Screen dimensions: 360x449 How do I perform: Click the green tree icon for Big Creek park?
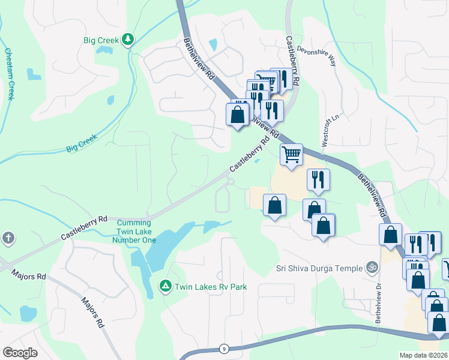(x=127, y=40)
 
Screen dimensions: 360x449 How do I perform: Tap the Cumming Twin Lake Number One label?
(x=134, y=231)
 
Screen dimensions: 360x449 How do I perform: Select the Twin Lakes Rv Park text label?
(x=210, y=287)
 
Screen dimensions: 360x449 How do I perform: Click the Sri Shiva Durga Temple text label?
(x=319, y=268)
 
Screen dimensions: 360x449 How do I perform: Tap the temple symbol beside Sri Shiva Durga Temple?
(x=372, y=268)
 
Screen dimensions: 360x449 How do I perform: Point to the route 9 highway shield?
(x=223, y=349)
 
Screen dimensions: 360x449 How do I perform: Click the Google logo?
(x=20, y=353)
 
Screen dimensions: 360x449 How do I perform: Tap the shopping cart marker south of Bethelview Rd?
(x=291, y=155)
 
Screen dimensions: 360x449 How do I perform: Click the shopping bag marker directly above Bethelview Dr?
(x=390, y=235)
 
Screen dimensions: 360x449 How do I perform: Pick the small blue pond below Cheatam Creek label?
(x=34, y=74)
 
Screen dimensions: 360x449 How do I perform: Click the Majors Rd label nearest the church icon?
(x=28, y=275)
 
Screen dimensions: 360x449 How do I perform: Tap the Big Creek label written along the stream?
(x=82, y=143)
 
